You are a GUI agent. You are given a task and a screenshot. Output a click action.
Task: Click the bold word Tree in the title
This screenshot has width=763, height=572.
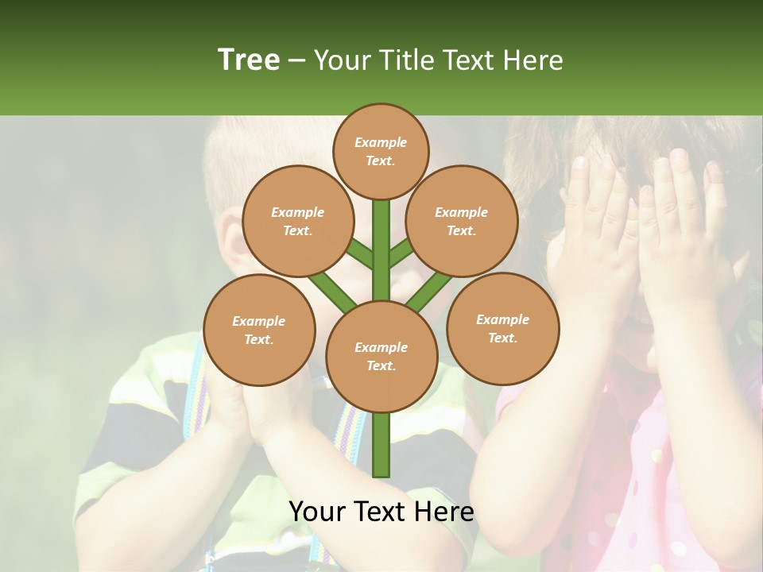(249, 60)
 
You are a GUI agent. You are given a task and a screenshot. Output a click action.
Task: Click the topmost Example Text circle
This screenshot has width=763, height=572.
(381, 151)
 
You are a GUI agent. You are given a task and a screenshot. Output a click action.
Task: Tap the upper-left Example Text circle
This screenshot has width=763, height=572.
(298, 221)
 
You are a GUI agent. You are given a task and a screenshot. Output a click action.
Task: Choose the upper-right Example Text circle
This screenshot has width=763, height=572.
(462, 221)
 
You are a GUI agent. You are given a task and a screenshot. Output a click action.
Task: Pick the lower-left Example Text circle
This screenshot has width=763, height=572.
(259, 330)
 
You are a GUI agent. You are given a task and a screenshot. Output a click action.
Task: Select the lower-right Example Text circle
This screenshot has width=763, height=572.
(503, 328)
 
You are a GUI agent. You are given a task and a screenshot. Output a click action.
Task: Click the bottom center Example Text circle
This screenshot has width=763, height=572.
(381, 356)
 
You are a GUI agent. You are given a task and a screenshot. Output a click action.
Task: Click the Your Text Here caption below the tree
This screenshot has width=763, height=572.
(381, 512)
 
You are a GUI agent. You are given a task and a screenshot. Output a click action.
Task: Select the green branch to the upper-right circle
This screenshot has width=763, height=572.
(401, 253)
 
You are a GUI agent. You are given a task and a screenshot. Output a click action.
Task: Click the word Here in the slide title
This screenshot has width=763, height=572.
(533, 60)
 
